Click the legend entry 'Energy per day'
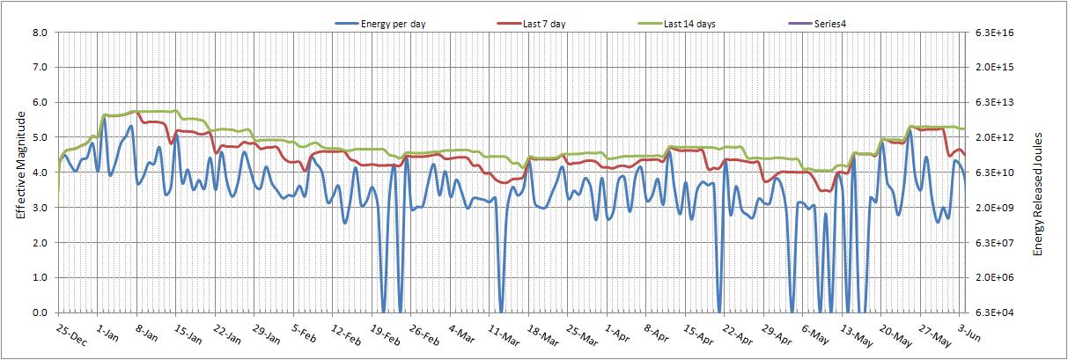tap(380, 24)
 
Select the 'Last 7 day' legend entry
tap(531, 24)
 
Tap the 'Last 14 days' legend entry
tap(676, 24)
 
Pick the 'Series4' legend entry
tap(817, 24)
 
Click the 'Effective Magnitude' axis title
tap(21, 165)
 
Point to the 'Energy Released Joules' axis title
tap(1037, 194)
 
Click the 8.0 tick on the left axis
tap(41, 33)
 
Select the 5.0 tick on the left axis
tap(41, 137)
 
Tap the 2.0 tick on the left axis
tap(41, 243)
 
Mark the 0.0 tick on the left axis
tap(41, 312)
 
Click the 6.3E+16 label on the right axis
tap(994, 33)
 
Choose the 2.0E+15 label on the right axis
tap(994, 67)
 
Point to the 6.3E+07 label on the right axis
tap(994, 243)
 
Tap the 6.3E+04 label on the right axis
tap(994, 312)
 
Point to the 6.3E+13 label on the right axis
tap(994, 102)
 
